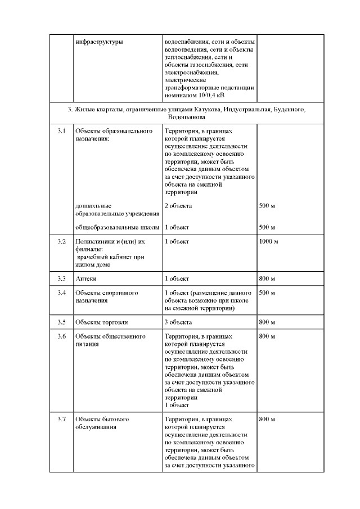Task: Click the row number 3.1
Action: click(62, 131)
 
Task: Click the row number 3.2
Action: click(62, 241)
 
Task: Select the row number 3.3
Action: click(62, 278)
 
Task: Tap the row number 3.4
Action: click(62, 293)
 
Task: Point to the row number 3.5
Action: click(62, 322)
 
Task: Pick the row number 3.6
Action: click(62, 336)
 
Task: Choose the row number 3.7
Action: click(62, 420)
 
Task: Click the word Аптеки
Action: click(85, 278)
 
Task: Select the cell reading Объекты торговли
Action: click(101, 322)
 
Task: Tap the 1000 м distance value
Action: click(269, 241)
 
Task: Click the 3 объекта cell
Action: click(178, 322)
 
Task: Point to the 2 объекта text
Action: click(178, 205)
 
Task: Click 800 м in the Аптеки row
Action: click(267, 278)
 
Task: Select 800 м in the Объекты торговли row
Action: click(267, 322)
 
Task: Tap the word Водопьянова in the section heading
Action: click(186, 118)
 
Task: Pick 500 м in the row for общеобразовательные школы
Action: click(267, 227)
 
